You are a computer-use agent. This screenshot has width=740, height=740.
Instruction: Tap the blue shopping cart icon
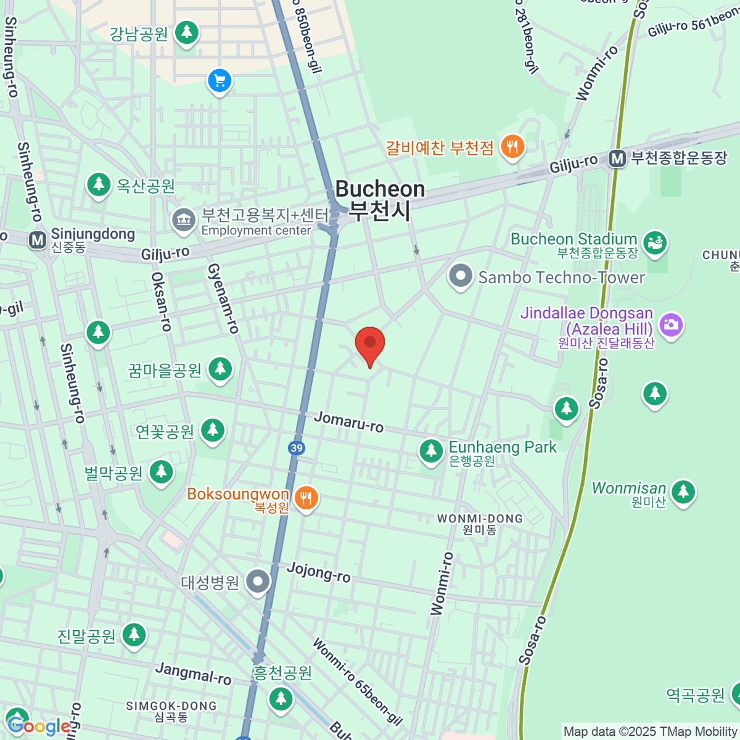pos(220,81)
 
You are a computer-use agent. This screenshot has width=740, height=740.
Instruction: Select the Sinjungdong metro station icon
pos(38,240)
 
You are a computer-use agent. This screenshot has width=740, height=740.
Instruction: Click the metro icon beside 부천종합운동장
pos(617,158)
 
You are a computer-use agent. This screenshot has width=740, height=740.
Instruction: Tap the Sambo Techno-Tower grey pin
pos(460,276)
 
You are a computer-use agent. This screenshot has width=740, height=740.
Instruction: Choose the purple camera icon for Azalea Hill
pos(671,324)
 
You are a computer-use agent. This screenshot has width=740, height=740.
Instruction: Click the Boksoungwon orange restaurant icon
pos(306,498)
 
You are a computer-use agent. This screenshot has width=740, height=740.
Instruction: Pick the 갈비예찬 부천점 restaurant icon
pos(512,147)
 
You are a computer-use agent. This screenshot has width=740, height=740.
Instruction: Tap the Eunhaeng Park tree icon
pos(431,451)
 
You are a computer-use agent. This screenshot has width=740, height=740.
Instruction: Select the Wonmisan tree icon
pos(683,491)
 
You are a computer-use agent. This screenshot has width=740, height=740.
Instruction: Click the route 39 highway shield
pos(297,448)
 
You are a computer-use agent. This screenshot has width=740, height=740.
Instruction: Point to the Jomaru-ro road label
pos(348,422)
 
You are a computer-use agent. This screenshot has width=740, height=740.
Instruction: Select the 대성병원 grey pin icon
pos(258,581)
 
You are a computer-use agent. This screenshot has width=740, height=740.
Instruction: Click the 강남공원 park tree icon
pos(186,31)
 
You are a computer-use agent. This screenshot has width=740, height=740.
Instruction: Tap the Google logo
pos(38,726)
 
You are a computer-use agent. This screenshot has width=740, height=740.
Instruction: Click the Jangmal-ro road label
pos(193,673)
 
